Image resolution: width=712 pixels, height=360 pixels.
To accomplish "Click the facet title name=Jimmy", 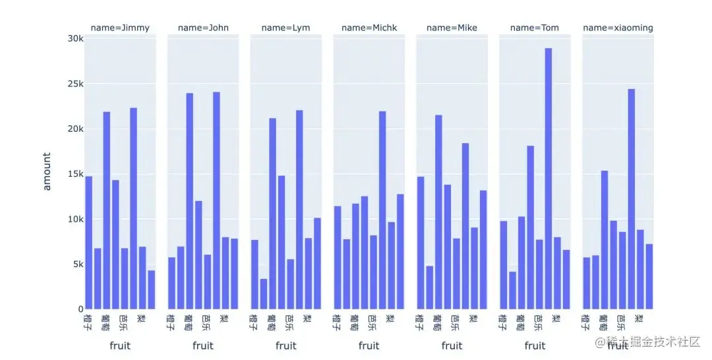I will tap(120, 28).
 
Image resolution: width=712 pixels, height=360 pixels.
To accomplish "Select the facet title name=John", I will tap(203, 28).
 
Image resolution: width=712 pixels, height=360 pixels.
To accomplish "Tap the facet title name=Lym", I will tap(285, 28).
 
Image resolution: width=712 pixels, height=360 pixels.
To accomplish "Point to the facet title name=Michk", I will tap(369, 28).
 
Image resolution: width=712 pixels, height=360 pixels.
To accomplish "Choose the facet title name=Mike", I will tap(452, 28).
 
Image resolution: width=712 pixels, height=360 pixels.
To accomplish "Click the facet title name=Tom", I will tap(535, 28).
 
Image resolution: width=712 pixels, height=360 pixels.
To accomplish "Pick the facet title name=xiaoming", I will tap(618, 28).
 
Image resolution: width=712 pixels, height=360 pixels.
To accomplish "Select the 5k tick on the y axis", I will tap(78, 264).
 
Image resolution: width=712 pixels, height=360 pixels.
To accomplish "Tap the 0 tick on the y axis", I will tap(80, 309).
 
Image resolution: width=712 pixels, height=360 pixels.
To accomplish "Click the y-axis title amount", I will tap(47, 171).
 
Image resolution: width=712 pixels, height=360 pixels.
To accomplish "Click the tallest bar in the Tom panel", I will tap(548, 178).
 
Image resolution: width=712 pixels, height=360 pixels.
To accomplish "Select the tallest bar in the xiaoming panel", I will tap(631, 198).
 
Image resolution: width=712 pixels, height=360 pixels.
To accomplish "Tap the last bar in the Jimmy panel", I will tap(151, 289).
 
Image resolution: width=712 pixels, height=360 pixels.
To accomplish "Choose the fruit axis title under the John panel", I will tap(203, 345).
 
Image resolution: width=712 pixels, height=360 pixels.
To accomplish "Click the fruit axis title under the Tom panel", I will tap(535, 345).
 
